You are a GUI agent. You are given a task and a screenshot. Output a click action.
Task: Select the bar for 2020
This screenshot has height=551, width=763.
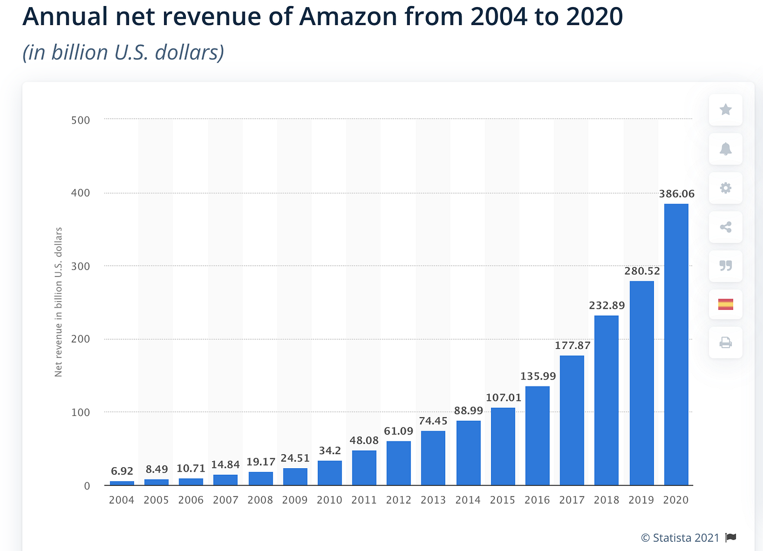676,344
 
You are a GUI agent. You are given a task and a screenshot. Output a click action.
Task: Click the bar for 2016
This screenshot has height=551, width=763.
537,436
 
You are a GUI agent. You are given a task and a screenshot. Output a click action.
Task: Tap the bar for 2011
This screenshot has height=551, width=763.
364,468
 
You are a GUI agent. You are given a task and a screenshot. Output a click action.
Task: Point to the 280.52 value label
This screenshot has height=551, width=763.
642,271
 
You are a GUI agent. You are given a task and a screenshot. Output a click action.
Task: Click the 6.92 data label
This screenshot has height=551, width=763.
122,471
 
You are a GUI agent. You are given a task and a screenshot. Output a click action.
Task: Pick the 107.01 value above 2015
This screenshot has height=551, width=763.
504,397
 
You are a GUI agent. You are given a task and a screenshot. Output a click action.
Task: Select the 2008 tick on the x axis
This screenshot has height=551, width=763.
260,500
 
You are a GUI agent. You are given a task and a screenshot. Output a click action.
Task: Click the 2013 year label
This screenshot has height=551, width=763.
433,500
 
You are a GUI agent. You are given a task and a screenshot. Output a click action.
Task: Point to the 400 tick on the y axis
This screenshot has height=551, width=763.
81,193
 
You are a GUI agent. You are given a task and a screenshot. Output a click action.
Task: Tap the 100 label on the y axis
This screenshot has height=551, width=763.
81,412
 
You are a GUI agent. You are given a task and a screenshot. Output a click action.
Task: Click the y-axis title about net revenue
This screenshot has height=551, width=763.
58,302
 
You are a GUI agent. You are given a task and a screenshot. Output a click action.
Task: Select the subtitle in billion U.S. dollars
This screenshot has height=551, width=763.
123,52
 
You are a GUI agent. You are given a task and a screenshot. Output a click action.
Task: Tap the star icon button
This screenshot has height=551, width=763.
725,110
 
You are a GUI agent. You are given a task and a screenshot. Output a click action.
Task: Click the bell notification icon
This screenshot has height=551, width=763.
725,149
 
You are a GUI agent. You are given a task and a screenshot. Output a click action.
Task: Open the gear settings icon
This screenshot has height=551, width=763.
725,188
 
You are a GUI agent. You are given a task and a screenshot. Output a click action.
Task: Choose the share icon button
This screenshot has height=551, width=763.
725,227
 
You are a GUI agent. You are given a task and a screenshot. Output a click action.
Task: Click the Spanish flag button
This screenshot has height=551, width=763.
725,304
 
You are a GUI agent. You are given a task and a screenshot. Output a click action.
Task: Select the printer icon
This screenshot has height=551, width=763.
725,343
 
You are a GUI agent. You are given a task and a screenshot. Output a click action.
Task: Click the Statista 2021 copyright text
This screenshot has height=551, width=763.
680,538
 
